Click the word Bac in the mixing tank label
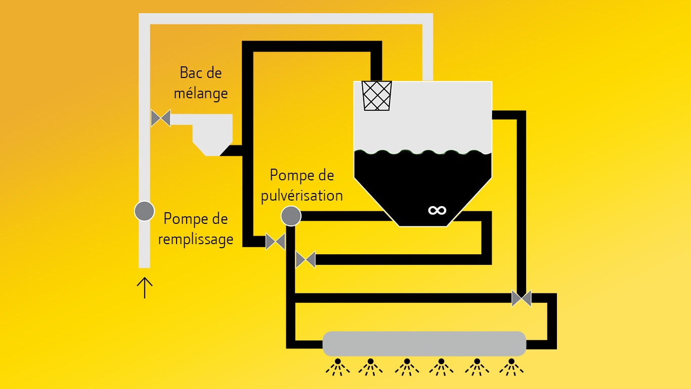(x=190, y=73)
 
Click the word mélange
(x=200, y=94)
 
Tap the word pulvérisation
(x=301, y=196)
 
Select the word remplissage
(x=195, y=239)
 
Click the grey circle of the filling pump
(x=144, y=211)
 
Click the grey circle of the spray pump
(x=291, y=216)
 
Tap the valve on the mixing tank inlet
(x=161, y=119)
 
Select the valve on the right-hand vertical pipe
(x=522, y=298)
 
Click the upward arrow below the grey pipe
(x=145, y=287)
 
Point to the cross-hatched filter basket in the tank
(x=377, y=95)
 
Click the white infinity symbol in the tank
(x=437, y=210)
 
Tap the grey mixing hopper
(x=212, y=134)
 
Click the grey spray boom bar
(x=424, y=343)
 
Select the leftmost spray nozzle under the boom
(x=337, y=367)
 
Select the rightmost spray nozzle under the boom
(x=511, y=367)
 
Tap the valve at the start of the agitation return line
(x=306, y=260)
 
